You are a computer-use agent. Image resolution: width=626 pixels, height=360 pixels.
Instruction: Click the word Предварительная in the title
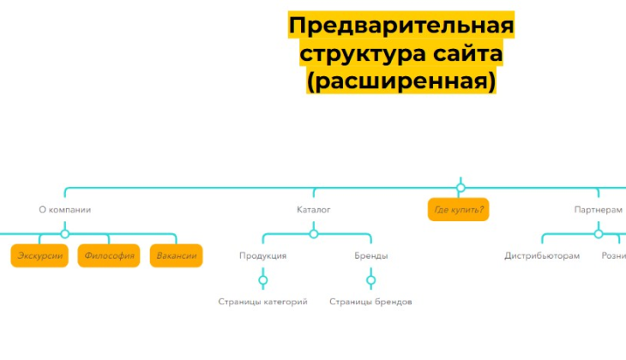[400, 27]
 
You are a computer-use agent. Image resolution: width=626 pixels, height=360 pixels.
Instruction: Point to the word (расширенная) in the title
[400, 81]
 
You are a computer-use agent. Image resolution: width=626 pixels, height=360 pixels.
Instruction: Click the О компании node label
[65, 209]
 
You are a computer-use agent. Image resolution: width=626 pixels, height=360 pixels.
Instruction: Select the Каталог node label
[314, 209]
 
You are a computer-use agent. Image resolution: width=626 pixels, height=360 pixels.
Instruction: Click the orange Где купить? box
[459, 210]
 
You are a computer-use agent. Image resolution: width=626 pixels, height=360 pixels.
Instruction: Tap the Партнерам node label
[598, 209]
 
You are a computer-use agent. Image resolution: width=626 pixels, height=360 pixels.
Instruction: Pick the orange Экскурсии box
[39, 255]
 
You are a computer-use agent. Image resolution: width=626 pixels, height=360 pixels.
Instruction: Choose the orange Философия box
[109, 255]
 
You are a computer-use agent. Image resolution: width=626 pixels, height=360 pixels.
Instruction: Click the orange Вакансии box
[177, 255]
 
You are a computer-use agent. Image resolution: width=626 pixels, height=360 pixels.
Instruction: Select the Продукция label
[262, 255]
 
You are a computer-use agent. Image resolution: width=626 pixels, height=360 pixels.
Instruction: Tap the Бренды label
[370, 255]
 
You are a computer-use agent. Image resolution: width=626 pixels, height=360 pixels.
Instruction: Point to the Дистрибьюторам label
[542, 255]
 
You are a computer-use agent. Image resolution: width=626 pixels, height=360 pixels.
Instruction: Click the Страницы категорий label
[262, 302]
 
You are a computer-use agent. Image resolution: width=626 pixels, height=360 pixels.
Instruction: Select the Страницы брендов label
[370, 302]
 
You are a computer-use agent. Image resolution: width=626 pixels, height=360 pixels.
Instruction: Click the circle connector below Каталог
[314, 233]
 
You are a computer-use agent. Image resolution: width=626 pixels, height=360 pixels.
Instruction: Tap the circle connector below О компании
[65, 233]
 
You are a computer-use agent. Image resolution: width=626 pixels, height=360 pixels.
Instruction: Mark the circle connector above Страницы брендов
[370, 279]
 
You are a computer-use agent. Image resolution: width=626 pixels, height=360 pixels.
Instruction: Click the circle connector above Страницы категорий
[262, 279]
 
